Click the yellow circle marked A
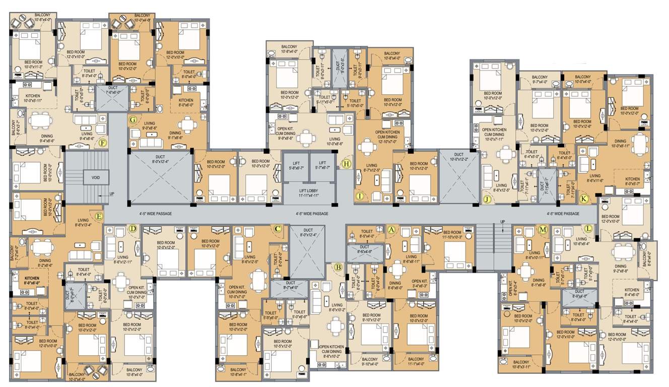pos(391,229)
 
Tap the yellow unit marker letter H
pos(346,163)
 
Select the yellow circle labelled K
pos(584,199)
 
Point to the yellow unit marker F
pos(103,143)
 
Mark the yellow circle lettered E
pos(99,217)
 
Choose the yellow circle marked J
pos(487,199)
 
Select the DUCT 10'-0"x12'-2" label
pos(458,157)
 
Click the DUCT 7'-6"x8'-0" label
pos(112,90)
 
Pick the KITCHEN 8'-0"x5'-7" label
pos(632,181)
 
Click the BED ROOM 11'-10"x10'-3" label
pos(445,235)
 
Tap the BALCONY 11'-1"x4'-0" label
pos(415,361)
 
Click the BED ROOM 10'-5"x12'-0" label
pos(284,344)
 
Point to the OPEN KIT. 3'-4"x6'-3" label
pos(419,284)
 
